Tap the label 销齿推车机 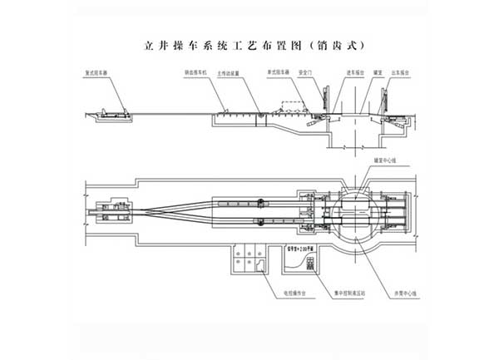click(196, 72)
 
